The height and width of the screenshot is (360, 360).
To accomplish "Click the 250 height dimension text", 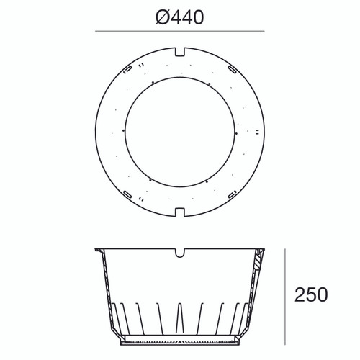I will pos(311,294).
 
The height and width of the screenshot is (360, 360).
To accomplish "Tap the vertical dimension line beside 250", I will pos(286,294).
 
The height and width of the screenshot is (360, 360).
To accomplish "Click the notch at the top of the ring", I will pos(180,53).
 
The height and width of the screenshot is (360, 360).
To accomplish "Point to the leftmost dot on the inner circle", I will pos(124,131).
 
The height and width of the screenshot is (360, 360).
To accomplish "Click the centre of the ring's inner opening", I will pos(180,131).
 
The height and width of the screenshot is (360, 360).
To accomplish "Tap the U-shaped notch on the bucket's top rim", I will pos(180,253).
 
